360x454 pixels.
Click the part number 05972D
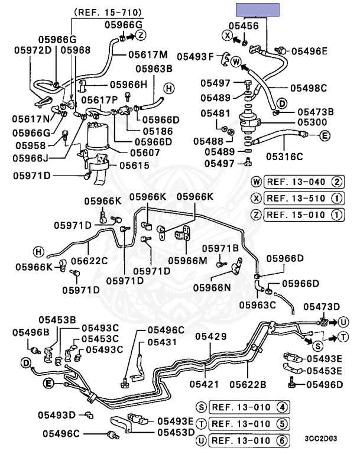[x=33, y=51]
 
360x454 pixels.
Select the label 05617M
[x=148, y=54]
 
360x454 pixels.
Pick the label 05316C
[x=284, y=157]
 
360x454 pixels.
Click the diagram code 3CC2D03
[x=321, y=440]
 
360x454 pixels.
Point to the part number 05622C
[x=90, y=261]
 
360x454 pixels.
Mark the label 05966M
[x=187, y=260]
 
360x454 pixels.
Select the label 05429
[x=211, y=336]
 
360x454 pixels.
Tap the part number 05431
[x=162, y=342]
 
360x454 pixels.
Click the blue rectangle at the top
[x=257, y=8]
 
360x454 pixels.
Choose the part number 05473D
[x=322, y=306]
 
